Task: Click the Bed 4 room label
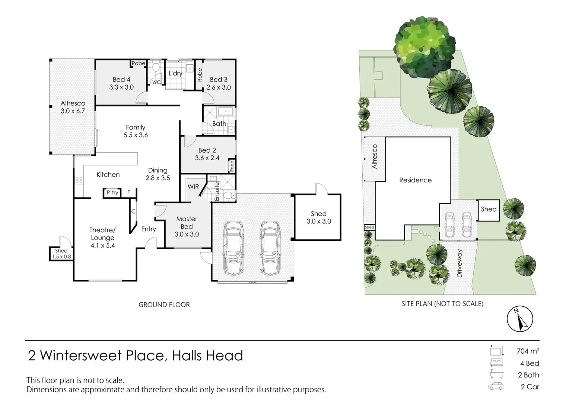(x=121, y=79)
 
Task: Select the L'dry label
(x=175, y=73)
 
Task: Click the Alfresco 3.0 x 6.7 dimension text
(x=73, y=111)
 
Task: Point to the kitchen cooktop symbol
(x=79, y=180)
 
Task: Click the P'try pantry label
(x=112, y=192)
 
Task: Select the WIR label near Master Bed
(x=193, y=186)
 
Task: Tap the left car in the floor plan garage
(x=233, y=248)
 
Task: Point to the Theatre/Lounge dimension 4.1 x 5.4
(x=102, y=245)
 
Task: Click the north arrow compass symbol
(x=520, y=319)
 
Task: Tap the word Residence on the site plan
(x=415, y=180)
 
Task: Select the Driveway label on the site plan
(x=459, y=263)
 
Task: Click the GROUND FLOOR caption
(x=164, y=304)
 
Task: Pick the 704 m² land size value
(x=528, y=351)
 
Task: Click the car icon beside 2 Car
(x=496, y=386)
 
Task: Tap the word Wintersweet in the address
(x=102, y=356)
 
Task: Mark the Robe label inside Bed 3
(x=200, y=75)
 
